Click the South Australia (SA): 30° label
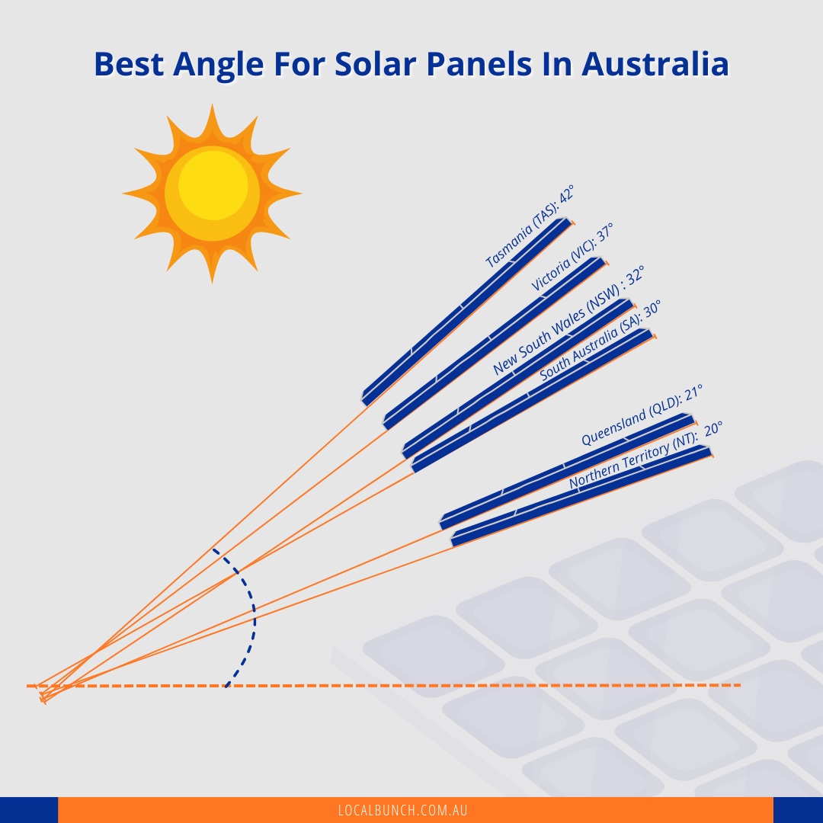(x=600, y=341)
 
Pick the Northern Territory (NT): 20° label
(x=645, y=455)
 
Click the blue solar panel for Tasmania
(x=467, y=310)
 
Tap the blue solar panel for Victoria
(x=494, y=342)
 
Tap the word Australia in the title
(x=655, y=64)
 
